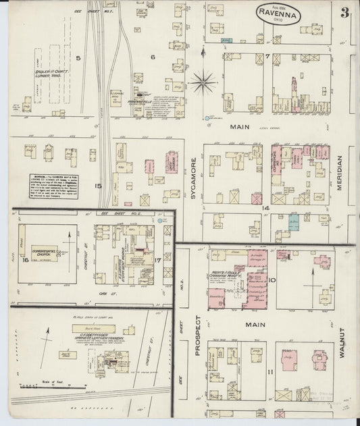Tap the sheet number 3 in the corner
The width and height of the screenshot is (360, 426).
(x=344, y=12)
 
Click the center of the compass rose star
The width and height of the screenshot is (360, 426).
(x=202, y=83)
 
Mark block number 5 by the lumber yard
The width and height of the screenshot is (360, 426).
(x=78, y=59)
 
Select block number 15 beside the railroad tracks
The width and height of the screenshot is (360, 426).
(x=99, y=186)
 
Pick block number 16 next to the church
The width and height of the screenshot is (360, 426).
(x=26, y=259)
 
